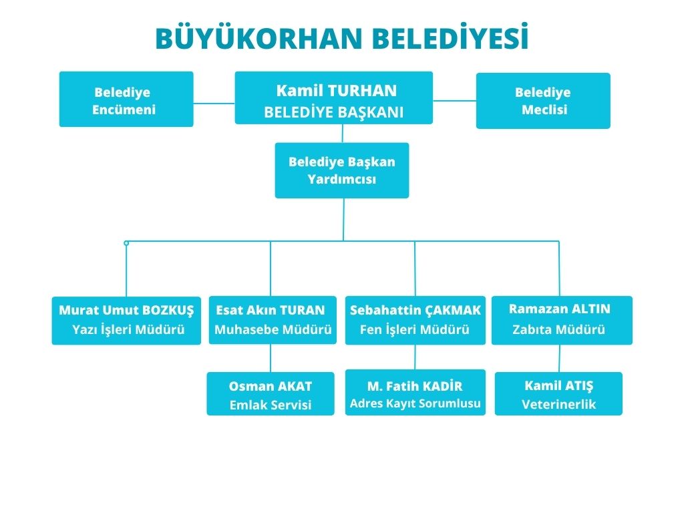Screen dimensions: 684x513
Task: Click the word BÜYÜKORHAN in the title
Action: click(x=259, y=37)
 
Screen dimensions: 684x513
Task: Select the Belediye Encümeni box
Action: click(x=126, y=99)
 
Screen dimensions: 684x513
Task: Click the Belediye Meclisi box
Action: click(x=543, y=101)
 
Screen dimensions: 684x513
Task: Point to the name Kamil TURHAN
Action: click(x=337, y=91)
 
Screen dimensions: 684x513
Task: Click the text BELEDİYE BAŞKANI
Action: click(x=334, y=112)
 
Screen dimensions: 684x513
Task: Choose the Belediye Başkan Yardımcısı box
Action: click(x=342, y=170)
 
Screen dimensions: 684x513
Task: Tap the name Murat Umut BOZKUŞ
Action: click(x=126, y=310)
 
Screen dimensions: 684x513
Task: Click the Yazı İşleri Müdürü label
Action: click(x=128, y=329)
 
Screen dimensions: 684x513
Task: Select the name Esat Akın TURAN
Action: click(x=271, y=310)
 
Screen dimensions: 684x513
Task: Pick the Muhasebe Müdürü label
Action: click(x=273, y=329)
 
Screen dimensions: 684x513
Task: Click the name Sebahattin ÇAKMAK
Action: click(x=415, y=310)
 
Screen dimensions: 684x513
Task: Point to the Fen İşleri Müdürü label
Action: click(x=414, y=329)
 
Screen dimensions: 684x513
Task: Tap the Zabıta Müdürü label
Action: click(x=559, y=329)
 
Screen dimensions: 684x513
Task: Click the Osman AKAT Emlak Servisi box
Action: click(x=271, y=393)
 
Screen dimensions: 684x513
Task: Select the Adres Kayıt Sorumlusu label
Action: click(x=415, y=403)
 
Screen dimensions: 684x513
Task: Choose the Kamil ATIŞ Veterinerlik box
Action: click(x=559, y=393)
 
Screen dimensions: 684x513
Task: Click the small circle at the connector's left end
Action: click(x=126, y=243)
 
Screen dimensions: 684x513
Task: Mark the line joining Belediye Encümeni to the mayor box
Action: click(x=214, y=104)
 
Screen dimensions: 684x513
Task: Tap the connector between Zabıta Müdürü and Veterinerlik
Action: click(x=559, y=358)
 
